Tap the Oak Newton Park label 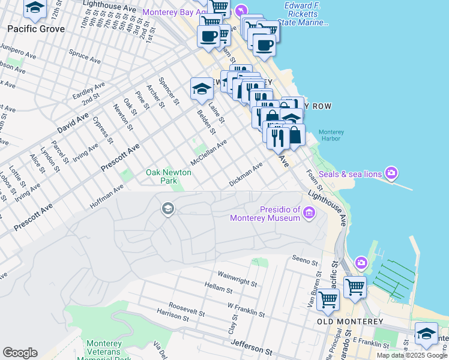point(169,176)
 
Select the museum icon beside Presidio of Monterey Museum point(309,211)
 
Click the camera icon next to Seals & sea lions point(391,173)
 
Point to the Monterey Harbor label point(330,135)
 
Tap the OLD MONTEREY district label point(351,322)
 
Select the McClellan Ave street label point(208,154)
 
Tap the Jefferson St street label point(252,347)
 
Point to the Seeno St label point(304,262)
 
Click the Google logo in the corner point(20,353)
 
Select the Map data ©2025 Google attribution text point(412,355)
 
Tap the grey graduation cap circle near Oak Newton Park point(167,209)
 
